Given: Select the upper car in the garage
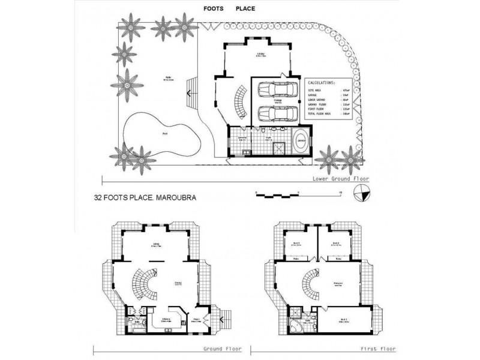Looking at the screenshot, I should click(277, 90).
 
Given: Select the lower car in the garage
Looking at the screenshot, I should click(277, 112).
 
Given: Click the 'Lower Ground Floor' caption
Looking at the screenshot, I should click(341, 179).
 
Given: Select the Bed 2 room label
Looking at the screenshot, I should click(337, 243).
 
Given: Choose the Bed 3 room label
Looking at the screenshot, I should click(296, 243).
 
